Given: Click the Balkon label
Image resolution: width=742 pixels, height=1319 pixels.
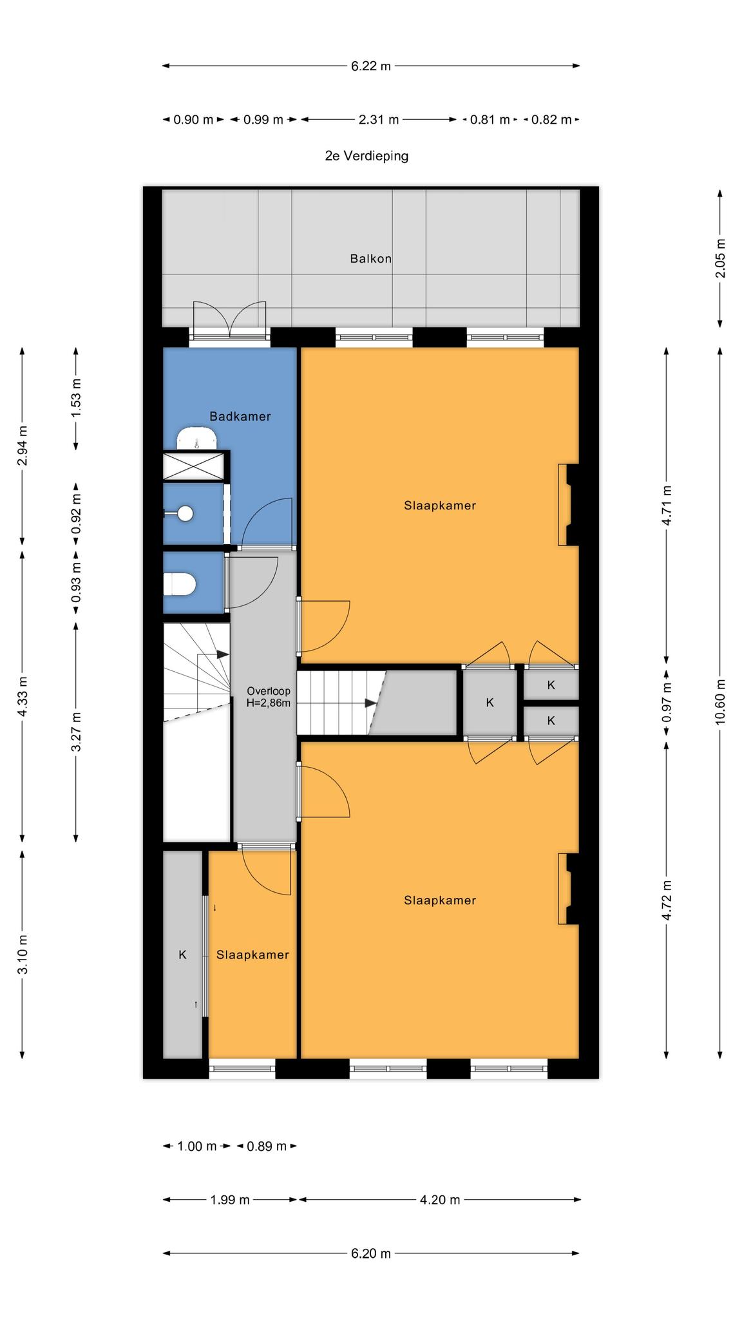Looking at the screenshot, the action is tap(370, 259).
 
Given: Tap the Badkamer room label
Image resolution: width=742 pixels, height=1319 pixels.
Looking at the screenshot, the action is tap(240, 417).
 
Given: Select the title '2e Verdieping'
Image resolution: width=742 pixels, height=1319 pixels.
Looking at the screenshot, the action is tap(366, 156).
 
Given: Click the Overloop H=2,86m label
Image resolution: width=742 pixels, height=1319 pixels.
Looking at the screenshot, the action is tap(269, 697).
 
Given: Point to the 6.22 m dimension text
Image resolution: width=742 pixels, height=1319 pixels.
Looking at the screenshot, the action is tap(371, 66).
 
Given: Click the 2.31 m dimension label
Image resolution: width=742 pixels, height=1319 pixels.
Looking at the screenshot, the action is tap(379, 120).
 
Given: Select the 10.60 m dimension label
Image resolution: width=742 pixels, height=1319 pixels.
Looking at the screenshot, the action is tap(720, 702).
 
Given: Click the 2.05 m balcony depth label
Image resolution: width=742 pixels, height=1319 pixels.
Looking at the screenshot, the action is tap(720, 258).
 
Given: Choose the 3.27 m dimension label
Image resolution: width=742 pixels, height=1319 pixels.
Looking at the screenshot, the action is tap(76, 732).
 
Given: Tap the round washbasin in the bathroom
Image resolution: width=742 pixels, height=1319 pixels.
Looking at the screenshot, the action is tap(184, 513).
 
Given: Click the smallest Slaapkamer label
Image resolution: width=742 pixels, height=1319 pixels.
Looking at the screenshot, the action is tap(252, 955).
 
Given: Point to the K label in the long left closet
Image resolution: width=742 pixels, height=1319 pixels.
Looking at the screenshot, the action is tap(182, 954).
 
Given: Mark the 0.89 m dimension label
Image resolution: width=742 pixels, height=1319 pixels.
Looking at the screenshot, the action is tap(267, 1146).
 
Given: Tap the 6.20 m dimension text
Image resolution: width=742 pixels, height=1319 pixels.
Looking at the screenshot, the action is tap(371, 1254).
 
